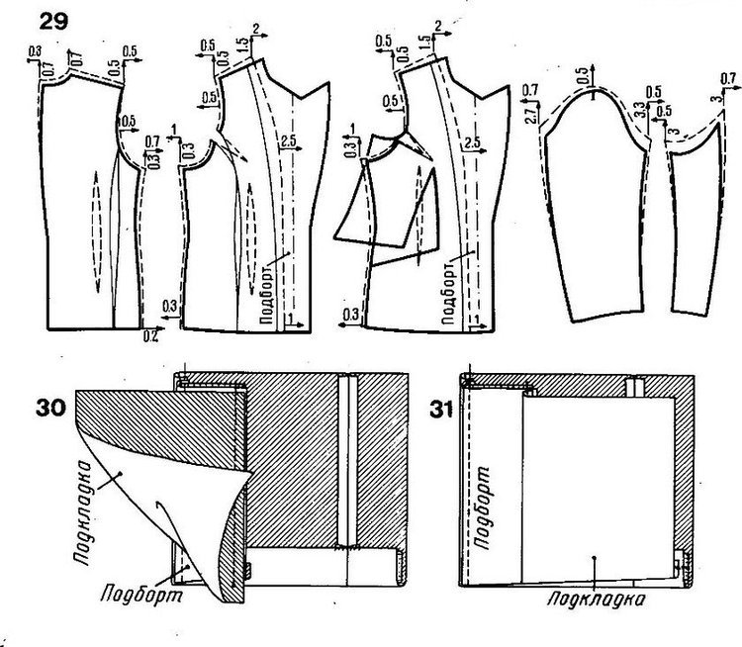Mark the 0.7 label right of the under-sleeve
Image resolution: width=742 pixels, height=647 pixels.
click(x=728, y=78)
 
